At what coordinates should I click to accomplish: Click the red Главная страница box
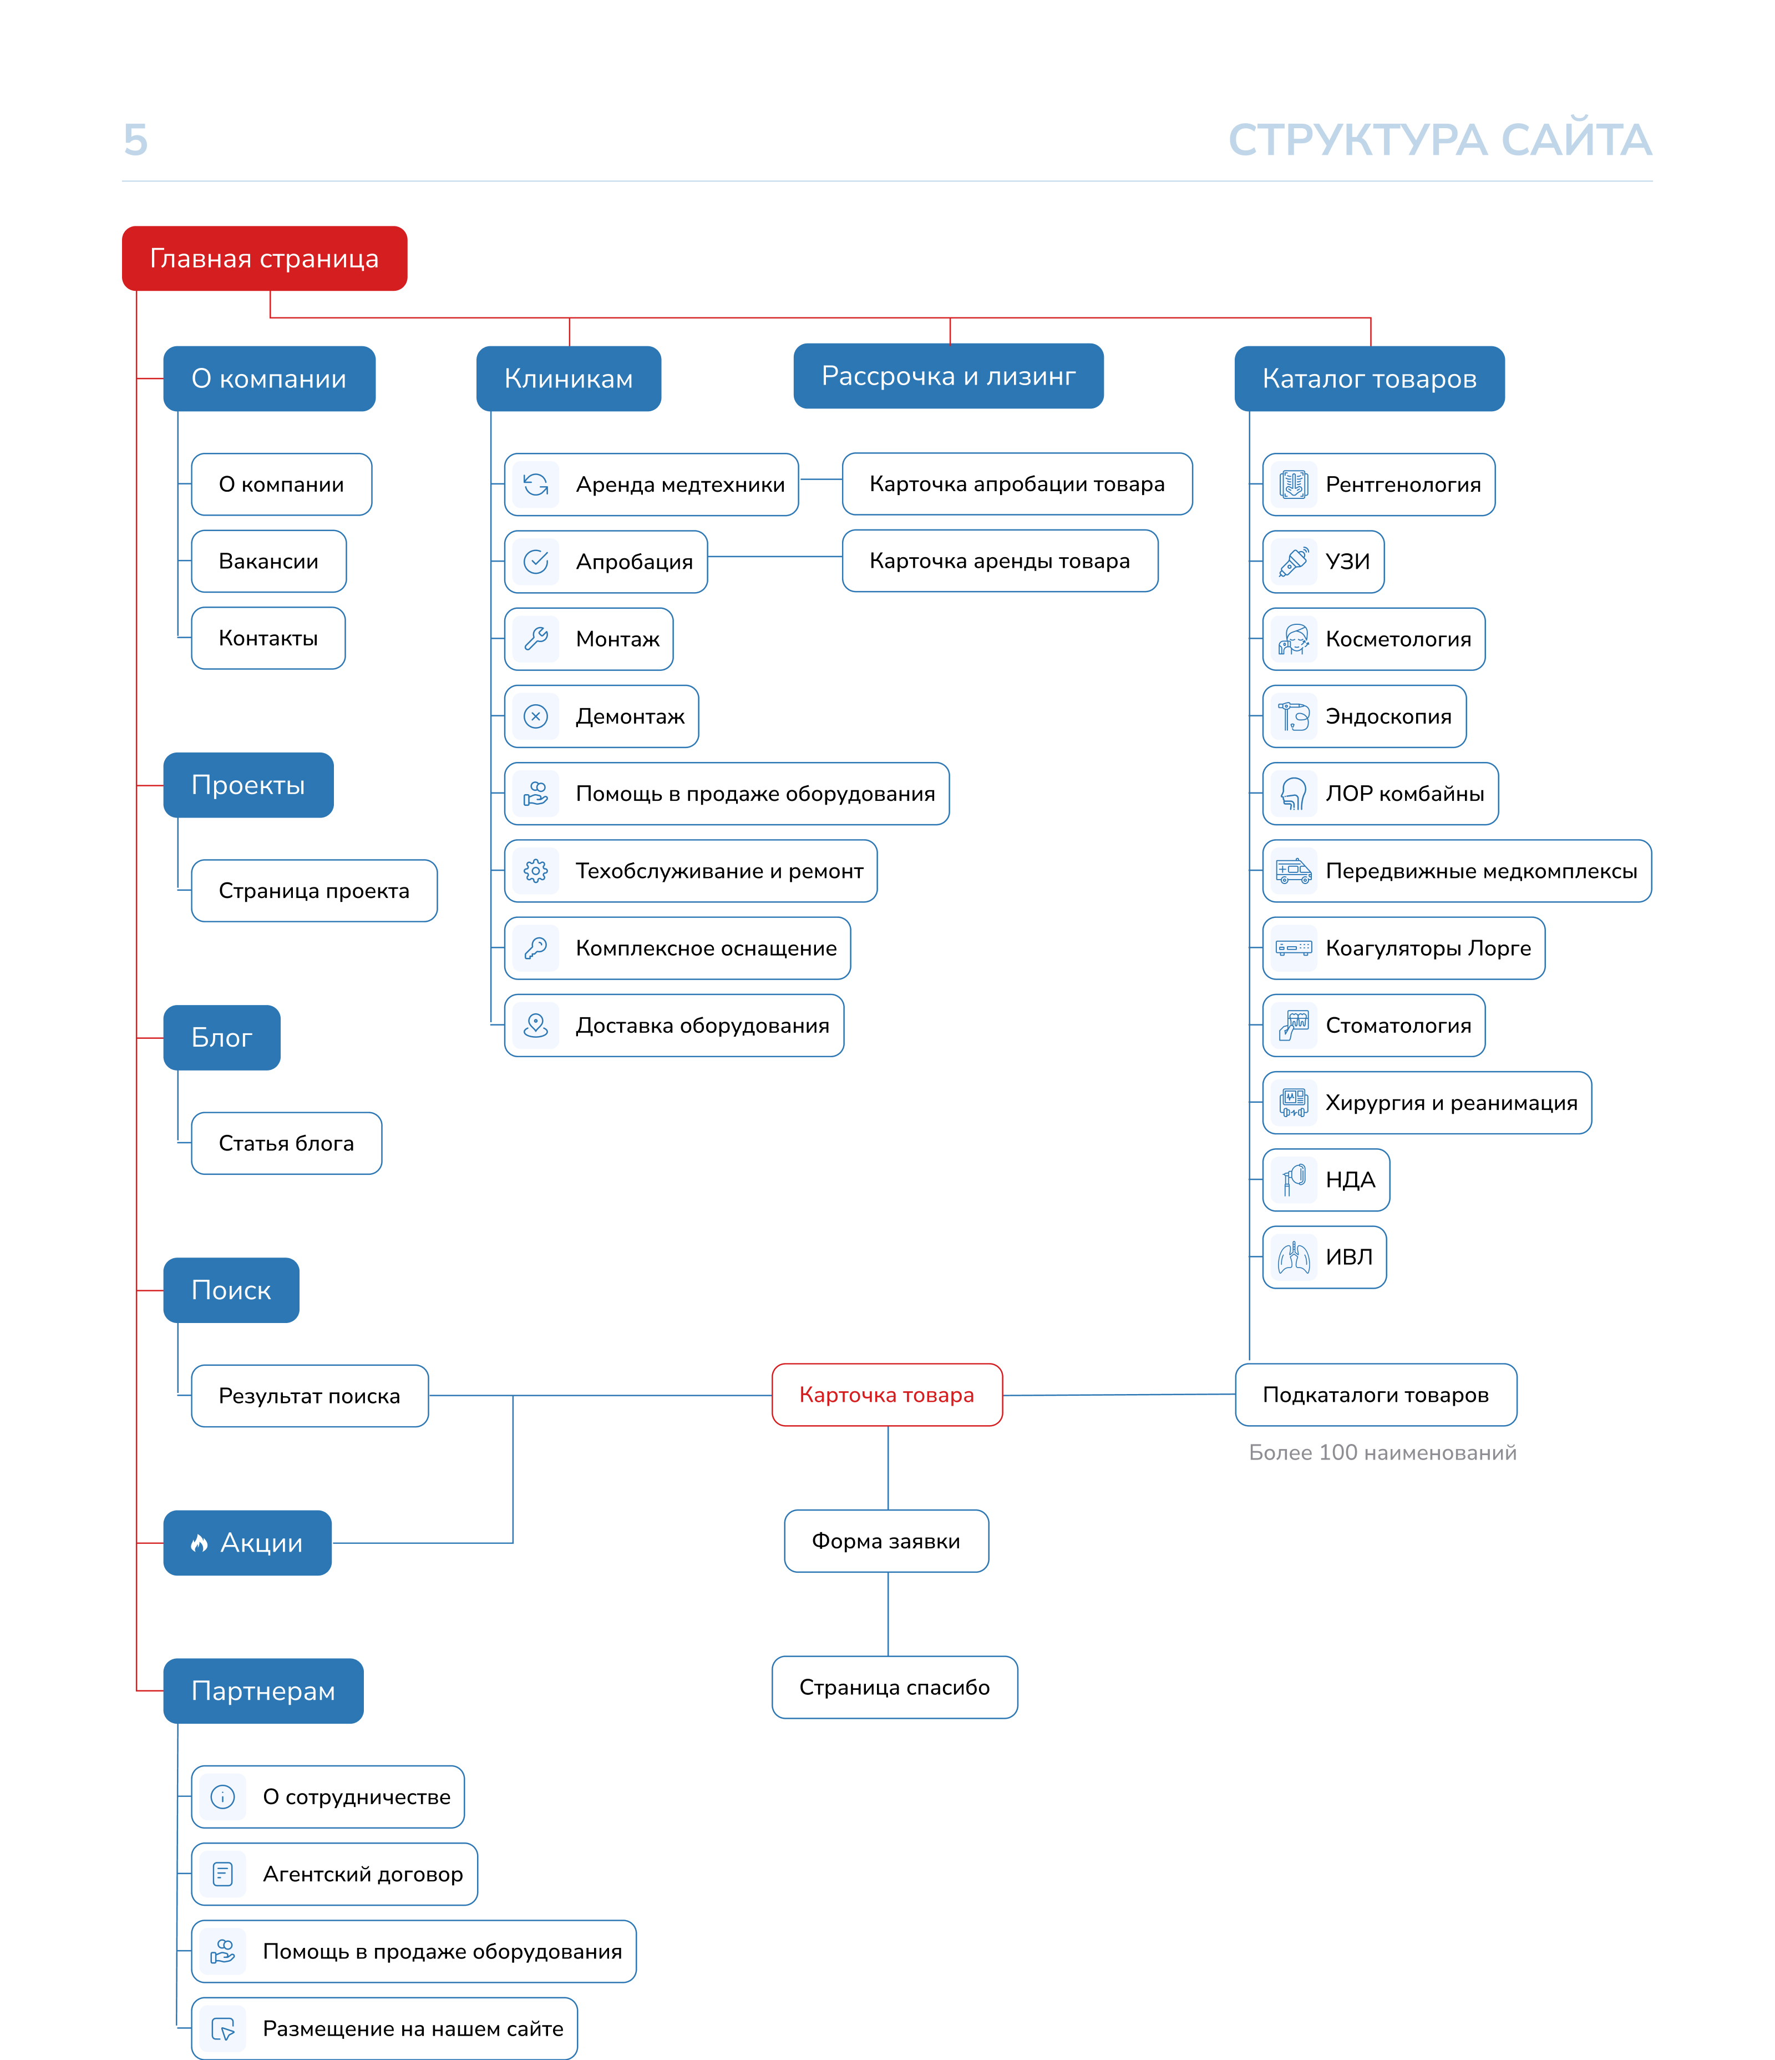265,259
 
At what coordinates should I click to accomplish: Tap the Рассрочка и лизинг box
948,376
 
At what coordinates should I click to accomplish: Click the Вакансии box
268,562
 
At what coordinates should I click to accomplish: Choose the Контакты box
268,638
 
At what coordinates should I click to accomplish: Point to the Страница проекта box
314,891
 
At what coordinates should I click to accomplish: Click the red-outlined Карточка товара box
886,1395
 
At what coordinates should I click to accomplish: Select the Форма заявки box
886,1541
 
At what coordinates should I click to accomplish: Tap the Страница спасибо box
895,1687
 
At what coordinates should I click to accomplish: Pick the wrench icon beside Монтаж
536,638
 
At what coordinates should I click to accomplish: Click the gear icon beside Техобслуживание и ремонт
536,871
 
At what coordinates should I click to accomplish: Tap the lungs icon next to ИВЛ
1294,1258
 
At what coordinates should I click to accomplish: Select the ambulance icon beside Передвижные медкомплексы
1294,871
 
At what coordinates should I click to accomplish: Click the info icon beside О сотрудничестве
222,1796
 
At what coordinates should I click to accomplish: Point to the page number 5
135,140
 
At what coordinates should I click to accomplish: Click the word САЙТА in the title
1576,140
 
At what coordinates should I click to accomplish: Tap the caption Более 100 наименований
1382,1452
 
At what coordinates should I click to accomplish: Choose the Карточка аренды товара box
1000,561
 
